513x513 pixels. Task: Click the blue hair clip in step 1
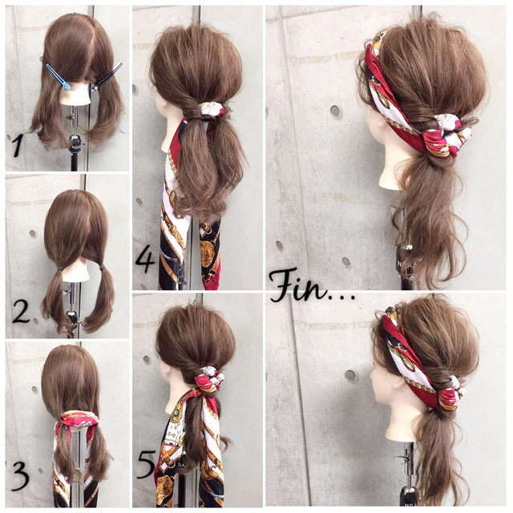(x=59, y=77)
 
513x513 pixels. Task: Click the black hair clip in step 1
(x=107, y=77)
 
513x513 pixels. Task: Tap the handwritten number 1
(x=16, y=146)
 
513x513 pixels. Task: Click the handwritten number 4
(x=145, y=261)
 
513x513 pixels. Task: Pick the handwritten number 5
(x=146, y=464)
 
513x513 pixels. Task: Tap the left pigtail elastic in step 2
(x=59, y=269)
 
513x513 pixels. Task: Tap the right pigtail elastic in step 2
(x=102, y=268)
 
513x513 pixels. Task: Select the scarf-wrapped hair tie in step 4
(x=211, y=109)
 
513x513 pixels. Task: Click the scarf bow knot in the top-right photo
(x=446, y=137)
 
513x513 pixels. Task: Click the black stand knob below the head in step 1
(x=75, y=141)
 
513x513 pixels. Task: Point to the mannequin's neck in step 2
(x=76, y=276)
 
